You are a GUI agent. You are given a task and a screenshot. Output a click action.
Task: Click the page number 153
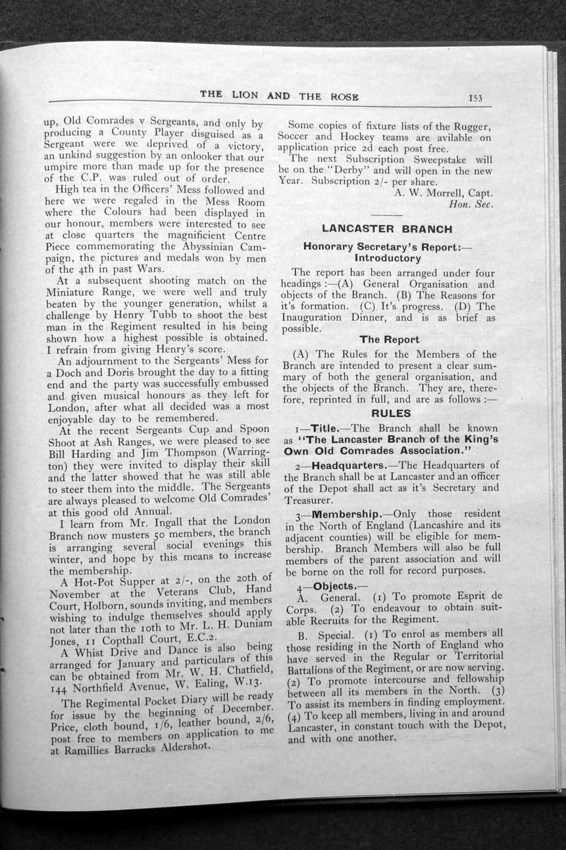click(x=475, y=98)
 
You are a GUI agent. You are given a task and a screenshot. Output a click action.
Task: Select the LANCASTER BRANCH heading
click(x=386, y=229)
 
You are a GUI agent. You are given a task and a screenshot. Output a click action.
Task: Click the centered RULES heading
click(x=391, y=414)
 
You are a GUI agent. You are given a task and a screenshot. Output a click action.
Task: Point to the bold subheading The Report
click(x=389, y=339)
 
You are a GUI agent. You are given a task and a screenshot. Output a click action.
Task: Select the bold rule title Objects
click(x=334, y=586)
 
